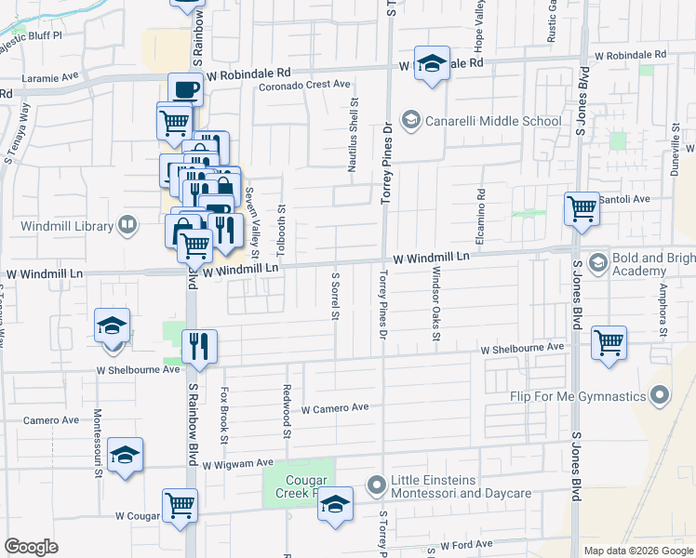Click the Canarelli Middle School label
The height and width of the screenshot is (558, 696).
pos(492,121)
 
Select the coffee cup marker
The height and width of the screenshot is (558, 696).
pos(184,89)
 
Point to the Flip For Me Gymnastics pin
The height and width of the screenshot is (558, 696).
pos(660,397)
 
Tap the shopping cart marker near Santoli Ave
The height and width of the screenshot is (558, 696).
pos(582,208)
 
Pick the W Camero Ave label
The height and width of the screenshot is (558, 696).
pos(335,407)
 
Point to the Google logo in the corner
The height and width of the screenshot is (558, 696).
pos(32,547)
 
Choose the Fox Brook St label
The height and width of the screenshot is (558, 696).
pos(224,410)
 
